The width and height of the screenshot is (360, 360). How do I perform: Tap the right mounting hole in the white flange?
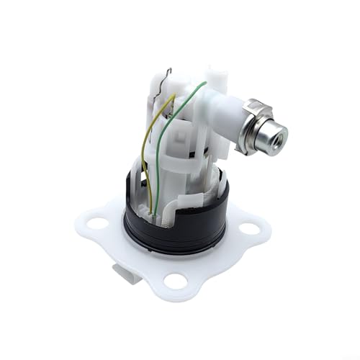(250, 229)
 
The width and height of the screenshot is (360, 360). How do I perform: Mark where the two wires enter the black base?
(153, 210)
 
